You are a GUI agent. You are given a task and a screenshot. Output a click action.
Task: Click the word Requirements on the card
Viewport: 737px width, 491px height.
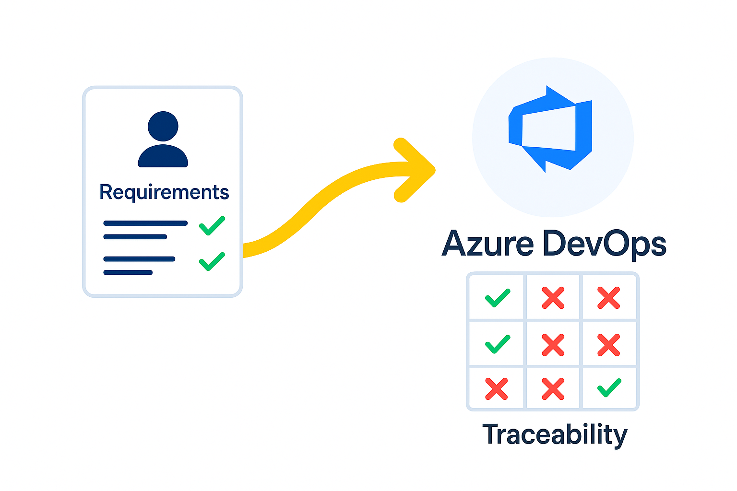(x=164, y=192)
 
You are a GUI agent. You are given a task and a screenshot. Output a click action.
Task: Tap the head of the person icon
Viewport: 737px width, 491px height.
(x=163, y=127)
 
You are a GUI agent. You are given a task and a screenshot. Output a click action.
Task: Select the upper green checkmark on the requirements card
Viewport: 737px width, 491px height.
(x=212, y=225)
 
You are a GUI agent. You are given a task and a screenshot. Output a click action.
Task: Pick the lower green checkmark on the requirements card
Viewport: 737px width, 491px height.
(x=212, y=261)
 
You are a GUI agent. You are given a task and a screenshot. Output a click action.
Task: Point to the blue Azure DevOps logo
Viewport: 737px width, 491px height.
(x=551, y=129)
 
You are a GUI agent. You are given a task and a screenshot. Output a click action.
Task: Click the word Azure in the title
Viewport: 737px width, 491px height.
(x=487, y=244)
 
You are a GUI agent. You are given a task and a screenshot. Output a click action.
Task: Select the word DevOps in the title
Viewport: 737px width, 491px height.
(x=605, y=244)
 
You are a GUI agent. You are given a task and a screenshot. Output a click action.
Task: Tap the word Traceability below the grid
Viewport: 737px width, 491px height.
(x=555, y=434)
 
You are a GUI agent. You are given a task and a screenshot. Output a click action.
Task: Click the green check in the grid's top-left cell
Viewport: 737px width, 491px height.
(x=497, y=298)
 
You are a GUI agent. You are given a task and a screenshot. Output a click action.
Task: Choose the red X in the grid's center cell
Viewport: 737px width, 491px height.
(x=553, y=345)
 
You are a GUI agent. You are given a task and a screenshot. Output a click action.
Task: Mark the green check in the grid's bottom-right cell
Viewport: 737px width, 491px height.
(x=609, y=388)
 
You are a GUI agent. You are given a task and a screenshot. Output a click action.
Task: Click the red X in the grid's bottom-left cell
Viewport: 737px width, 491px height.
(x=496, y=389)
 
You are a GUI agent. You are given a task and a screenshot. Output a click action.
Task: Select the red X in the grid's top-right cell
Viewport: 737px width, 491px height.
(x=609, y=298)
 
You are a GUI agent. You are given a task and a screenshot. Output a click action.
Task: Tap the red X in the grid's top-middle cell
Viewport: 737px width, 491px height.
(x=553, y=298)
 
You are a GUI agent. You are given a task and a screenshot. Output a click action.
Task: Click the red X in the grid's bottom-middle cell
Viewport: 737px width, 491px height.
(x=553, y=389)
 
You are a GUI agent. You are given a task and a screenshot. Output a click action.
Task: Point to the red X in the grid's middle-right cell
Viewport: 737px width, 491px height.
(x=609, y=345)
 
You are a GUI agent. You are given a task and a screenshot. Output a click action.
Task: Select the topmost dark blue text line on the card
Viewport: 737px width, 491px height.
(x=145, y=223)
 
